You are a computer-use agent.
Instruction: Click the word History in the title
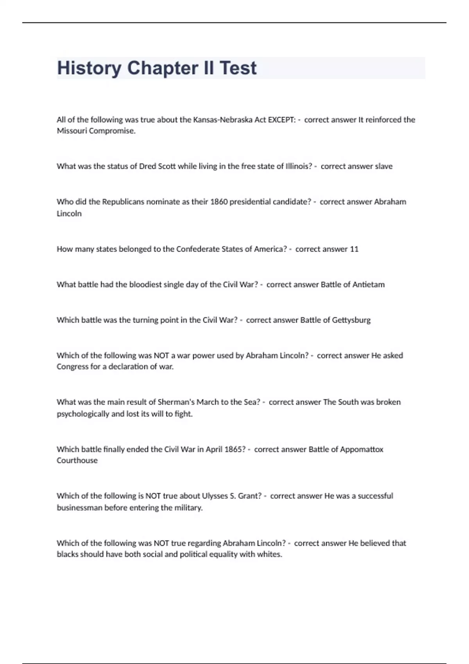[x=89, y=68]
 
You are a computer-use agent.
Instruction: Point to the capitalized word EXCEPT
[x=281, y=120]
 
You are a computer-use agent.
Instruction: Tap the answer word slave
[x=383, y=166]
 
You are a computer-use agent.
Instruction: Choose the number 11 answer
[x=354, y=249]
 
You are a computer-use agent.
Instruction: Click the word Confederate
[x=198, y=249]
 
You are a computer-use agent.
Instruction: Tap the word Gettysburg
[x=351, y=320]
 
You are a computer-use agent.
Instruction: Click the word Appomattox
[x=362, y=449]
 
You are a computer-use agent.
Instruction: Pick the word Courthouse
[x=77, y=461]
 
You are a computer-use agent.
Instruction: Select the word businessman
[x=79, y=508]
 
